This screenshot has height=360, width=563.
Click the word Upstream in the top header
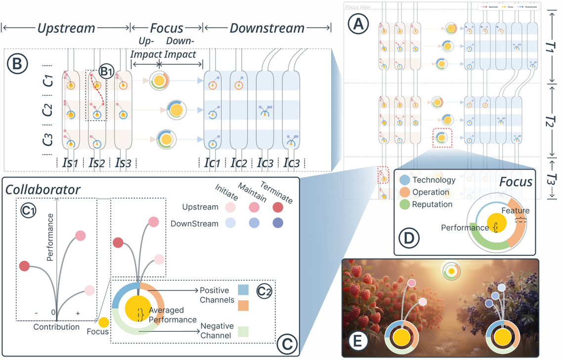pyautogui.click(x=66, y=28)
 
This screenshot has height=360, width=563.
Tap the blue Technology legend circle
pyautogui.click(x=404, y=180)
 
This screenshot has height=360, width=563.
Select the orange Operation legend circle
pyautogui.click(x=404, y=192)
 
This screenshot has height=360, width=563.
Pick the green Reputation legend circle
pyautogui.click(x=404, y=204)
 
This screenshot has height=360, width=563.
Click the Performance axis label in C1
pyautogui.click(x=50, y=244)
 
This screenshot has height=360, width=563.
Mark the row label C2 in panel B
pyautogui.click(x=47, y=108)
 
